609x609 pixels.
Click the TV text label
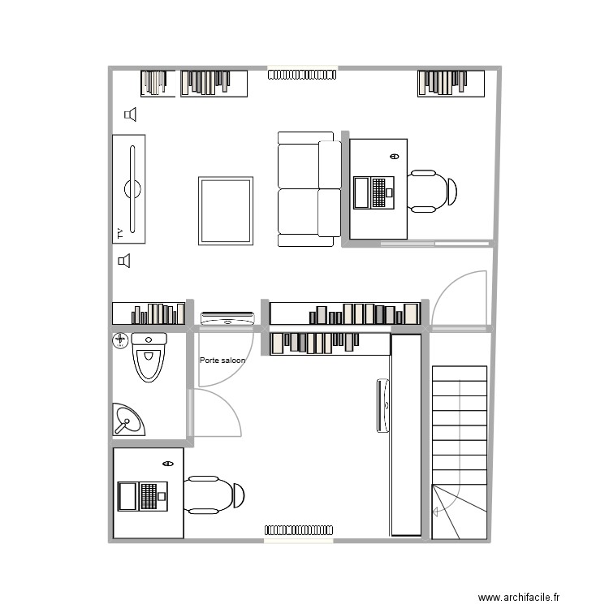pos(119,234)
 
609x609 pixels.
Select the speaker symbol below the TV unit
pos(124,261)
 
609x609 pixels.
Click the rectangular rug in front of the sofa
pos(225,210)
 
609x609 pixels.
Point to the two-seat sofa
pos(309,189)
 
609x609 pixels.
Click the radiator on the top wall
pos(302,75)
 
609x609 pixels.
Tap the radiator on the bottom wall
pos(298,531)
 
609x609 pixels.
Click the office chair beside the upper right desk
pos(431,192)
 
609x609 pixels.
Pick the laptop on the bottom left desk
pos(142,495)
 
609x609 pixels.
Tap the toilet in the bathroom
pos(149,357)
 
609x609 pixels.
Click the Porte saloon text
pos(222,360)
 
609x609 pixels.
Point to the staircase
pos(460,451)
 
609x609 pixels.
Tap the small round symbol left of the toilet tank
pos(120,339)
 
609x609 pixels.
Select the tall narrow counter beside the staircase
pos(405,434)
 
